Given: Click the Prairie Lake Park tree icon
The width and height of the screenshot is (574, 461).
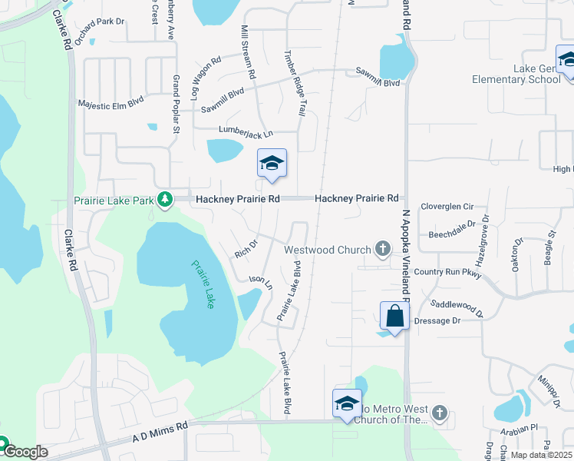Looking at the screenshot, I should [x=164, y=200].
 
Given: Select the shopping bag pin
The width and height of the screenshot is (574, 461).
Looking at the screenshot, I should [x=394, y=316].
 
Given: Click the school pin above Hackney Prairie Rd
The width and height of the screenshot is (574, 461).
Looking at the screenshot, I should [x=272, y=164].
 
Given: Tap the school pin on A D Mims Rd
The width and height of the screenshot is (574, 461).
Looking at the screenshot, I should [x=347, y=403].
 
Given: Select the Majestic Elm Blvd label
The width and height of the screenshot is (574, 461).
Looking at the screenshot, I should [x=111, y=102].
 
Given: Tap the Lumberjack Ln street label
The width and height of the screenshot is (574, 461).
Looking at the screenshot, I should [x=246, y=132].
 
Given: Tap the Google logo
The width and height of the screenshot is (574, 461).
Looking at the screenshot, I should [x=25, y=452].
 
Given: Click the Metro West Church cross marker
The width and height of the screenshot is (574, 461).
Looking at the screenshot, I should [x=439, y=413].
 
